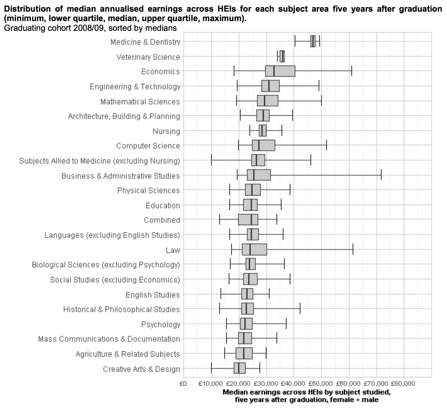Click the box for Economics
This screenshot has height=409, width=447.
pyautogui.click(x=280, y=71)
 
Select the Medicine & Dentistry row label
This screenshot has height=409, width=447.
pyautogui.click(x=145, y=42)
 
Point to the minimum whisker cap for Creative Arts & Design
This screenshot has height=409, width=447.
pyautogui.click(x=211, y=368)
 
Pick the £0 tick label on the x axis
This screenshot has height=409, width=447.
pyautogui.click(x=183, y=384)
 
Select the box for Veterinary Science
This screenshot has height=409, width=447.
pyautogui.click(x=282, y=56)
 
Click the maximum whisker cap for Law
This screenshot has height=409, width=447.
pyautogui.click(x=353, y=249)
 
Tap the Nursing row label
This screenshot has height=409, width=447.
pyautogui.click(x=166, y=131)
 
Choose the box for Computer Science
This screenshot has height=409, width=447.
pyautogui.click(x=263, y=145)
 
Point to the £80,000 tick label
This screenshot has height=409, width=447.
pyautogui.click(x=403, y=384)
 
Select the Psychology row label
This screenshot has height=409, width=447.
pyautogui.click(x=161, y=324)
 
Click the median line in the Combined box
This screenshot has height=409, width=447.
pyautogui.click(x=251, y=220)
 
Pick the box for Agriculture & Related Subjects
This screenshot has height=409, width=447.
pyautogui.click(x=244, y=353)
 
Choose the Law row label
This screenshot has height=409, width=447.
pyautogui.click(x=173, y=250)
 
